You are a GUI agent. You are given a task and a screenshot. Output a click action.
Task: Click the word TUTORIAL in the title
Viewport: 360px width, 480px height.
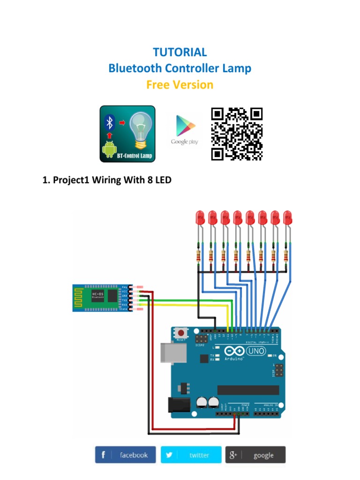click(180, 52)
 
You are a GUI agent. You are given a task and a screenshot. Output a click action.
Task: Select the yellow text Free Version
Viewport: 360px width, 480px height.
click(180, 85)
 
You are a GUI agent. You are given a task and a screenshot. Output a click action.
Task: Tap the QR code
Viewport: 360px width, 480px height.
click(237, 134)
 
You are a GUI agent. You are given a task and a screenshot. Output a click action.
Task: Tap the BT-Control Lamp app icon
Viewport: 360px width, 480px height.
click(127, 134)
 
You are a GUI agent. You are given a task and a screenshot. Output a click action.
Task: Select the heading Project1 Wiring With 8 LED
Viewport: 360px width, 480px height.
click(107, 180)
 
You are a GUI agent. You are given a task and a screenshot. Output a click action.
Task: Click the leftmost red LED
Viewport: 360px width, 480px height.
click(200, 217)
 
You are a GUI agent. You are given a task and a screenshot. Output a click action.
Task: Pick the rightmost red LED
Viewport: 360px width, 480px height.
click(287, 217)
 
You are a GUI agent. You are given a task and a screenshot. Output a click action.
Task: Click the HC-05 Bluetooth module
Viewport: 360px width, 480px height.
click(100, 298)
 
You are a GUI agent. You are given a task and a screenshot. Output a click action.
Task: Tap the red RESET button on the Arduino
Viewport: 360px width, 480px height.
click(180, 333)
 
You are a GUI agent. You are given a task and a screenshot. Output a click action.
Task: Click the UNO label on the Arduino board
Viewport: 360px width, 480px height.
click(256, 351)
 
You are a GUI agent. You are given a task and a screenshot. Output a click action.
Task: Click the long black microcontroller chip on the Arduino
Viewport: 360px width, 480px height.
click(248, 390)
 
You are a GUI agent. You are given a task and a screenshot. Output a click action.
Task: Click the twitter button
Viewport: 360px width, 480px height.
click(191, 455)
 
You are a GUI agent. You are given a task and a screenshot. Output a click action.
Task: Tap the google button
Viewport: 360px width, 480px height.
click(255, 455)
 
